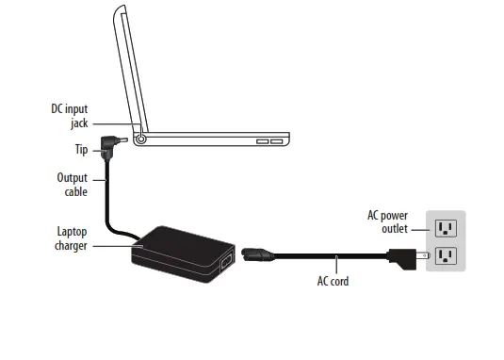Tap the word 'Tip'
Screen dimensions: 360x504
coord(81,149)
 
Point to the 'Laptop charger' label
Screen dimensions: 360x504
coord(72,239)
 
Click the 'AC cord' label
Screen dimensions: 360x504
coord(333,280)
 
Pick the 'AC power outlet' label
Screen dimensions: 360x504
coord(387,221)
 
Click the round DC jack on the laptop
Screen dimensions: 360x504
coord(141,138)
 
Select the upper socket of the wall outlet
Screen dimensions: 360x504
coord(446,227)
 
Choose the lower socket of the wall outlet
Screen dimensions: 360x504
coord(446,255)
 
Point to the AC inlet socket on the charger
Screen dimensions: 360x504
coord(225,263)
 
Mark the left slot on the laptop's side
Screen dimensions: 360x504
coord(262,141)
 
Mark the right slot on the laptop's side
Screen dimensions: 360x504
coord(277,141)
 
